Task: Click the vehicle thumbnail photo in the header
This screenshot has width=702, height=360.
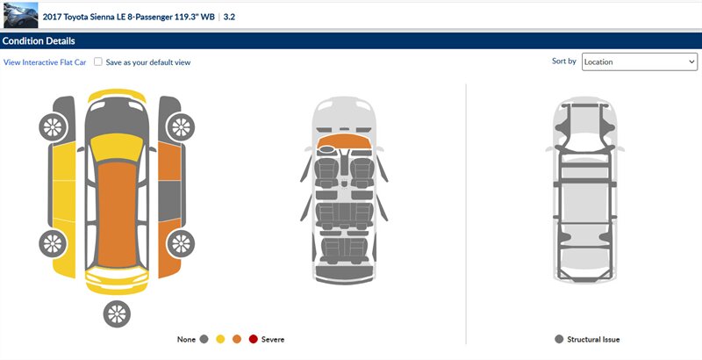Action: pos(20,15)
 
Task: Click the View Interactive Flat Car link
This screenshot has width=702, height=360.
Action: pos(45,62)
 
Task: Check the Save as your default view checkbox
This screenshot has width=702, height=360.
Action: pos(98,61)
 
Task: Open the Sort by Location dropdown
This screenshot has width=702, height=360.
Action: pos(640,61)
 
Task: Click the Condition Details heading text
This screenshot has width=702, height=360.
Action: pos(39,40)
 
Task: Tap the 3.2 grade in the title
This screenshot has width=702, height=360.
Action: pos(229,17)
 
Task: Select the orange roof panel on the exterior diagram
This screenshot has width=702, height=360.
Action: pos(117,214)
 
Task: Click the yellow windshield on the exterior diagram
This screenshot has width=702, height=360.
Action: pos(117,147)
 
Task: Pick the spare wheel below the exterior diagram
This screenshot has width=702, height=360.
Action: pos(117,313)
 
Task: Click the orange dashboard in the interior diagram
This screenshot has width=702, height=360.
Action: pos(344,140)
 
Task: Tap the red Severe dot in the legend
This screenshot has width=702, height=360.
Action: pos(254,340)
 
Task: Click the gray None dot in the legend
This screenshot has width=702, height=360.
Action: pos(204,340)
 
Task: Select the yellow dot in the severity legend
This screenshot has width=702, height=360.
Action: pos(220,340)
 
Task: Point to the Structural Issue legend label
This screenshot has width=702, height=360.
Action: pos(593,340)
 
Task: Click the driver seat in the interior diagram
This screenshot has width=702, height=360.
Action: pos(326,172)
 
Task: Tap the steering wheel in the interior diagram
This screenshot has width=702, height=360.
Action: pos(327,149)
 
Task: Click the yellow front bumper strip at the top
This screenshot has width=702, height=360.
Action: pos(117,94)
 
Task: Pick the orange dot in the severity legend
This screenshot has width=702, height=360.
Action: pos(237,340)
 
